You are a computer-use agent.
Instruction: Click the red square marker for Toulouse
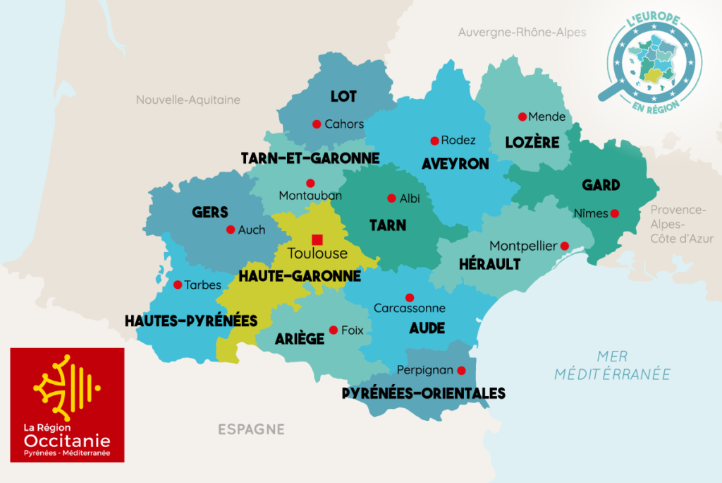pyautogui.click(x=317, y=239)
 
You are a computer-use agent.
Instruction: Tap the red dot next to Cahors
pyautogui.click(x=317, y=124)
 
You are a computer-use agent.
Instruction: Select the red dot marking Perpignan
pyautogui.click(x=461, y=370)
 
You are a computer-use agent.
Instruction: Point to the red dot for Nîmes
pyautogui.click(x=615, y=213)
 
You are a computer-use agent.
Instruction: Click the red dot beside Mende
pyautogui.click(x=522, y=117)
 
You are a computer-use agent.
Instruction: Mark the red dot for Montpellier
pyautogui.click(x=565, y=246)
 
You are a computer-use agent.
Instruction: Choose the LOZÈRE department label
pyautogui.click(x=532, y=143)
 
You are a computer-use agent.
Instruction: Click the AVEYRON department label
pyautogui.click(x=455, y=164)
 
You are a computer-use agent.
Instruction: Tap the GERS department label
pyautogui.click(x=210, y=212)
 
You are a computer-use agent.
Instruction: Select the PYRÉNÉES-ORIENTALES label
pyautogui.click(x=423, y=393)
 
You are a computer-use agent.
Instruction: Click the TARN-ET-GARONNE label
pyautogui.click(x=310, y=157)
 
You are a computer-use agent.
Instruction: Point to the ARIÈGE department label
pyautogui.click(x=300, y=338)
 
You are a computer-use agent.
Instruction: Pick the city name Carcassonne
pyautogui.click(x=410, y=309)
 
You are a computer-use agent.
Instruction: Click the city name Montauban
pyautogui.click(x=310, y=196)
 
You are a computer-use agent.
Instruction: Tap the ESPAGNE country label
pyautogui.click(x=251, y=429)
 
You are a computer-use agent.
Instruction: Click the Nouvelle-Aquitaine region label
pyautogui.click(x=188, y=100)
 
